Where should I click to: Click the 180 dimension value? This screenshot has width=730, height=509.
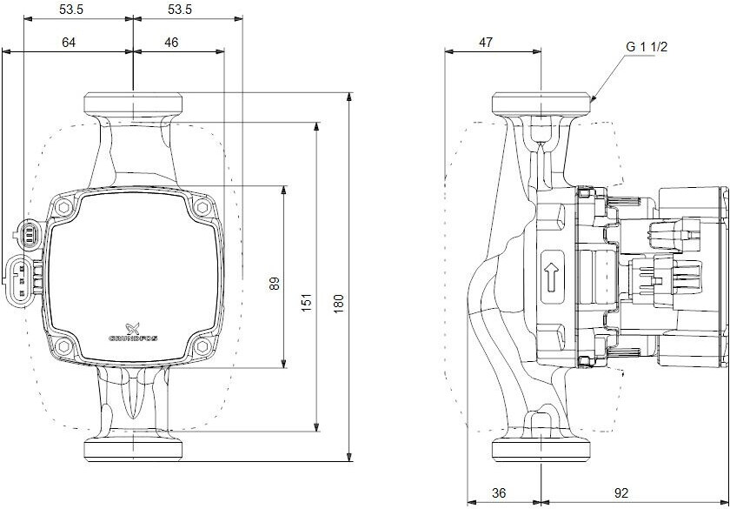pos(340,302)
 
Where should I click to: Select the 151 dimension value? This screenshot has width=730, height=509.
pos(307,302)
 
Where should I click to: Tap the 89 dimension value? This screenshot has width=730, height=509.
pos(275,285)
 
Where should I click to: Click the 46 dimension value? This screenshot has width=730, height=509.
pos(171,42)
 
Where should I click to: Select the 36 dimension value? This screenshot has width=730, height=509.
pos(499,492)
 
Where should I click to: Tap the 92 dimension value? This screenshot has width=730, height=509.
pos(621,492)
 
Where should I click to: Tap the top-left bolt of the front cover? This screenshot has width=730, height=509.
pos(64,207)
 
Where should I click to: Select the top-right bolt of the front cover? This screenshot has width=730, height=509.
pos(202,207)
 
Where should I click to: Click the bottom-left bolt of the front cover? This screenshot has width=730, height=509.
pos(64,345)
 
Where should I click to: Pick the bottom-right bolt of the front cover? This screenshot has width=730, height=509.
pos(202,345)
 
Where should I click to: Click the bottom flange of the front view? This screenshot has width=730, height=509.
pos(132,450)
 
